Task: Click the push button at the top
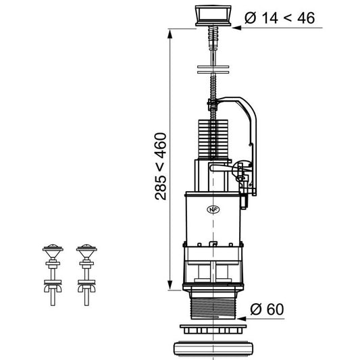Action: [213, 16]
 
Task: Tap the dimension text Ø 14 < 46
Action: [280, 18]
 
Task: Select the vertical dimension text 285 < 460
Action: [161, 166]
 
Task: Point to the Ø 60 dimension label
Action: [267, 309]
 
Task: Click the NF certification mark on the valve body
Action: [213, 209]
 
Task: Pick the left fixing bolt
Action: [53, 275]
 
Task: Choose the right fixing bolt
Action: [86, 275]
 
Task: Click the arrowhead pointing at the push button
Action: [236, 28]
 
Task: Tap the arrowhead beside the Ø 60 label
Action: [241, 319]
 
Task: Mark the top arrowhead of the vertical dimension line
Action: [170, 34]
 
